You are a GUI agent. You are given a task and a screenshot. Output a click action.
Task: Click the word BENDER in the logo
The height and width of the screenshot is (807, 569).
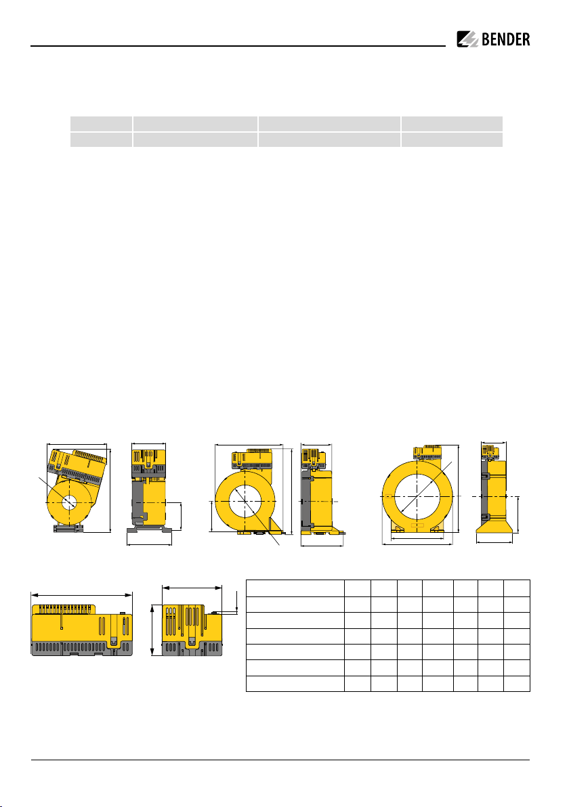coord(505,40)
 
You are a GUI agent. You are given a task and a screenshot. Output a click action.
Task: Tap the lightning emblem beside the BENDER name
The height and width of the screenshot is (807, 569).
coord(467,40)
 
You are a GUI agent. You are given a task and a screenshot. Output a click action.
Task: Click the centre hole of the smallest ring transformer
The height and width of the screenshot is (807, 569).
coord(68,501)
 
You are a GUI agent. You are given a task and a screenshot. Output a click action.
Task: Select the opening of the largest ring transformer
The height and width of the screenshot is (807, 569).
coord(418,496)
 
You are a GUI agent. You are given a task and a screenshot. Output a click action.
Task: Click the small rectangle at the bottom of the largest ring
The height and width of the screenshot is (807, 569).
coord(417,525)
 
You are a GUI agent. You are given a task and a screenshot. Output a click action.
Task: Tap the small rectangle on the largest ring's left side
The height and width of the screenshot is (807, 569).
coord(388,496)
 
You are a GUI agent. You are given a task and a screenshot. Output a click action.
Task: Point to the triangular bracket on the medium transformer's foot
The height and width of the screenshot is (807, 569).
coord(276,525)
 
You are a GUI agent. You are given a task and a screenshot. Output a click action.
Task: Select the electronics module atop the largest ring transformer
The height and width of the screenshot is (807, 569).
coord(428,452)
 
